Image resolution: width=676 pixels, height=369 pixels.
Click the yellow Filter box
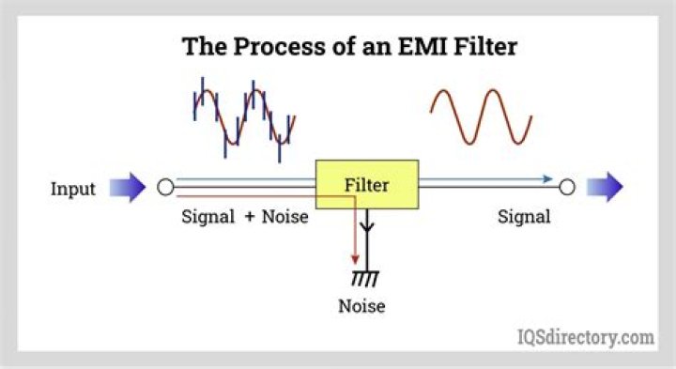(x=366, y=184)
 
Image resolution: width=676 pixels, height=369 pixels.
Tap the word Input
(x=73, y=189)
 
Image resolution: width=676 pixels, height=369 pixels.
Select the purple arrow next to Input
(x=128, y=188)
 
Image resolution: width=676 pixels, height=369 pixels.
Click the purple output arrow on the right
(x=605, y=188)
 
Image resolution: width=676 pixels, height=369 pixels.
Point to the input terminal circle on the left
(x=165, y=188)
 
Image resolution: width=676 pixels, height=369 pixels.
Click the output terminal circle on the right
(x=566, y=188)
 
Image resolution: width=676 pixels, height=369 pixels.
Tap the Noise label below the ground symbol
(x=362, y=306)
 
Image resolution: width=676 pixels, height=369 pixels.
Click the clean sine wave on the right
(x=482, y=116)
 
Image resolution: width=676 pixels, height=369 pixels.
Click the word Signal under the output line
(x=524, y=217)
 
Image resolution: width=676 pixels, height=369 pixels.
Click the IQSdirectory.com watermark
(x=586, y=336)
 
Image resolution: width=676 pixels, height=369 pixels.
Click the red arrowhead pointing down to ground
(x=354, y=258)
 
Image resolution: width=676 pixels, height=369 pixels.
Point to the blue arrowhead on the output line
(x=547, y=178)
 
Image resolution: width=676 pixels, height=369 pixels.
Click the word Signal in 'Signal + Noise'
(x=209, y=217)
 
